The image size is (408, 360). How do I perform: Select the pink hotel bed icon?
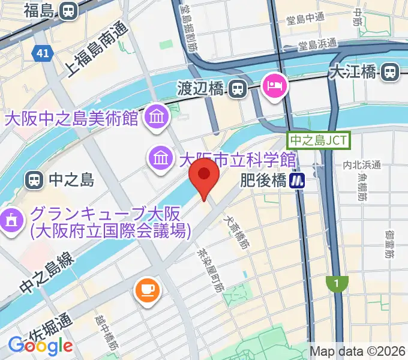[275, 86]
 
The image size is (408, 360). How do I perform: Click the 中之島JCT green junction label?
[319, 140]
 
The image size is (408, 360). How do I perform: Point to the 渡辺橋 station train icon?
[238, 89]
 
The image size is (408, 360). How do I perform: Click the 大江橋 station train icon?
[391, 72]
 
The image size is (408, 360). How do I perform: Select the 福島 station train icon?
[68, 10]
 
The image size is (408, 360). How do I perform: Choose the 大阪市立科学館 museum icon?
[161, 158]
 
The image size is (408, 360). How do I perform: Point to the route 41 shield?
[41, 54]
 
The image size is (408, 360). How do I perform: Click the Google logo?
[40, 346]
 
